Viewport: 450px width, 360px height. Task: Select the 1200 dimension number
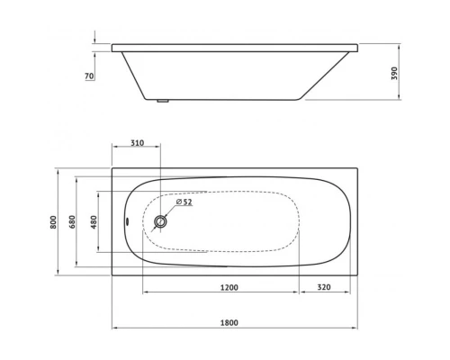229,287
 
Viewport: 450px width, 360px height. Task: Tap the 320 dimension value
326,287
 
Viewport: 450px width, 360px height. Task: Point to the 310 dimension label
137,144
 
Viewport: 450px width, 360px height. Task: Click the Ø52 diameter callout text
184,202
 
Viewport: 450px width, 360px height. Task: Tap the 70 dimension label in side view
89,76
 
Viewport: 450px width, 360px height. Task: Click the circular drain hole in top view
161,220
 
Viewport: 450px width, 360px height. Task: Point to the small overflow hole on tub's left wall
127,220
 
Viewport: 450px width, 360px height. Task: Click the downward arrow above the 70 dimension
94,38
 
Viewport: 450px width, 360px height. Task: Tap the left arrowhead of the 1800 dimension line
115,326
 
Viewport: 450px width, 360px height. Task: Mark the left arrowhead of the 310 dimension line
115,150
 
